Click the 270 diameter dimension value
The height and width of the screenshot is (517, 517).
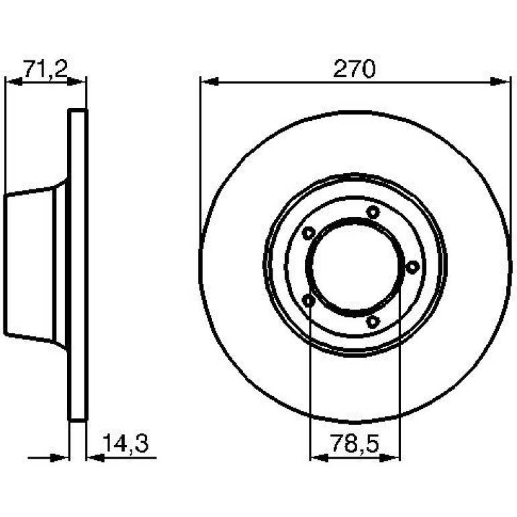(x=354, y=69)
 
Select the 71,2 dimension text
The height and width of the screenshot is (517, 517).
(x=45, y=70)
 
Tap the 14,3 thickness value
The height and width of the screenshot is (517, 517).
(x=126, y=443)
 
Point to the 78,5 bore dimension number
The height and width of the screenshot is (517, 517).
(x=355, y=443)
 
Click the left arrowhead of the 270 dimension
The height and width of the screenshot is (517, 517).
(x=209, y=81)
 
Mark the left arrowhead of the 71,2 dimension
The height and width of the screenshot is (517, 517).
(x=15, y=81)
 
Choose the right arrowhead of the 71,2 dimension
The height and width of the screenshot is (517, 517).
(x=76, y=81)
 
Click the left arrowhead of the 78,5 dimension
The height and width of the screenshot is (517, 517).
(x=319, y=458)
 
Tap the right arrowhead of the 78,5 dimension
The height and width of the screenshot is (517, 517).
(x=390, y=458)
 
